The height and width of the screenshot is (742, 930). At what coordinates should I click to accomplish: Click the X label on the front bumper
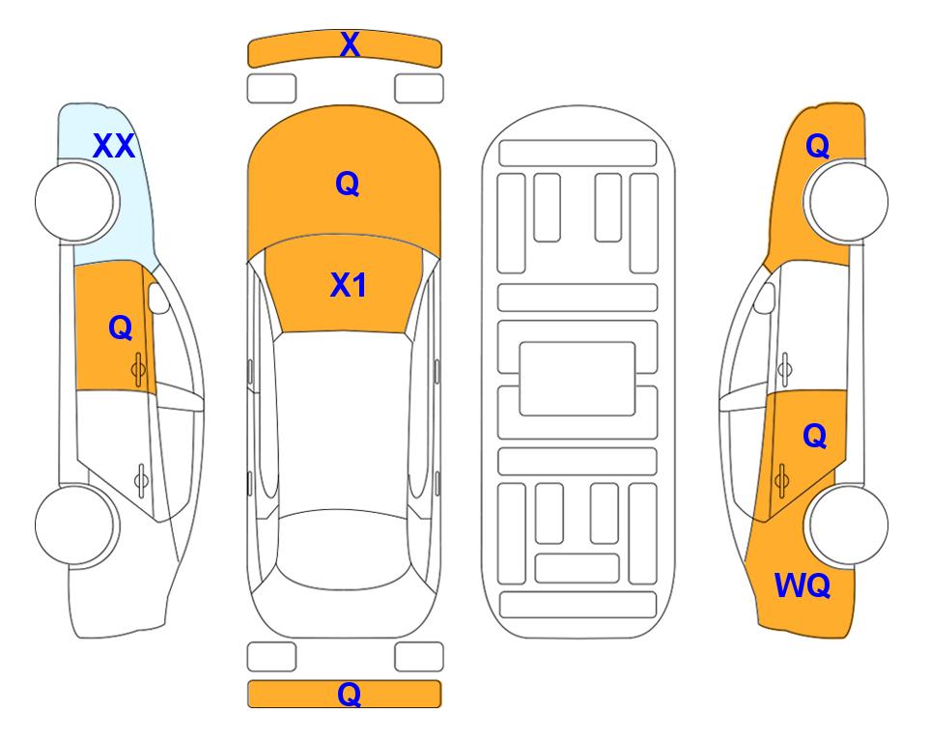coord(350,44)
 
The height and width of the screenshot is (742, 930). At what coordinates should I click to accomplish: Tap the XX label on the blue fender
coord(114,146)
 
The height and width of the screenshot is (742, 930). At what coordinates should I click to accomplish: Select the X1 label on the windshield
coord(349,285)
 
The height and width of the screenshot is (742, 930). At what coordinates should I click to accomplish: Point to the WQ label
coord(803,585)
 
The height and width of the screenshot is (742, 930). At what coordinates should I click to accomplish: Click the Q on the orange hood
coord(348,184)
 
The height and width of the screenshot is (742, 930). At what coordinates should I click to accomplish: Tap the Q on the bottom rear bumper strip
coord(349,694)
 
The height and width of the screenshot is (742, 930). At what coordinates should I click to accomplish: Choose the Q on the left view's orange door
coord(121,328)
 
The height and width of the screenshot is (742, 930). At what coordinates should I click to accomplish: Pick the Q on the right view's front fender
coord(817,146)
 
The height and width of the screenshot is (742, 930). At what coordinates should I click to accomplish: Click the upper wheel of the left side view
coord(77,202)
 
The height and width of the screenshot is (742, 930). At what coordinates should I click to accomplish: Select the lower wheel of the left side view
coord(77,525)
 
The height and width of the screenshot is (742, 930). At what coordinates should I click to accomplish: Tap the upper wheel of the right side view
coord(846,202)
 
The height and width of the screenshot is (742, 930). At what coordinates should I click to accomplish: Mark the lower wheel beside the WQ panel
coord(846,525)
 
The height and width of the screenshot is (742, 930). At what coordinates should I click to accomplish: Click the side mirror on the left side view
coord(158,298)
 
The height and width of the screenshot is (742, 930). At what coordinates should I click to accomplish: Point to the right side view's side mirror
coord(764,298)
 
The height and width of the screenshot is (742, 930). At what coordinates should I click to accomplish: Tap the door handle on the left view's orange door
coord(139,369)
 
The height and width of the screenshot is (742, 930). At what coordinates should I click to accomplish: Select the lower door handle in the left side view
coord(141,479)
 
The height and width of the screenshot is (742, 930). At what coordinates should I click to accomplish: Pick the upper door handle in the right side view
coord(785,369)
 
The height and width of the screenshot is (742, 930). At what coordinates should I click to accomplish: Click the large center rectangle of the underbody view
coord(578,379)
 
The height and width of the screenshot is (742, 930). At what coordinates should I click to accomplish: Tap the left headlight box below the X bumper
coord(271,89)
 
